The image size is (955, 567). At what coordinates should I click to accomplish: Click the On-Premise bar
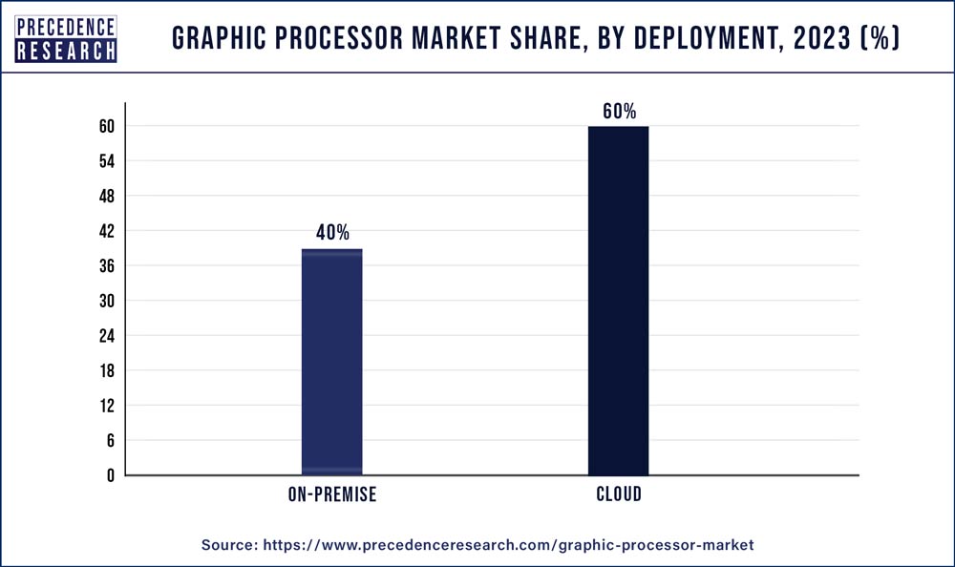pos(331,362)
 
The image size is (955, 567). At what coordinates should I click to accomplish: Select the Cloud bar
pos(618,301)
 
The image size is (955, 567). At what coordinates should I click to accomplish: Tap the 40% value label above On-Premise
pos(331,233)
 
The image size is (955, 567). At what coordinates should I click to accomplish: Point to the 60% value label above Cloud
pos(619,111)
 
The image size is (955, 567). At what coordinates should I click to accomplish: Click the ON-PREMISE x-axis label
pos(332,494)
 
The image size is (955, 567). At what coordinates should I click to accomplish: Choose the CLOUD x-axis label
pos(619,494)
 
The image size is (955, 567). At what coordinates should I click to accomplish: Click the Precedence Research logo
pos(66,39)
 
